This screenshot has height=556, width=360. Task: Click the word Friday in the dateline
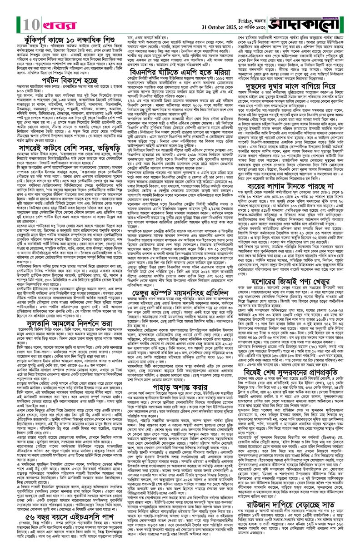coord(251,6)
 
